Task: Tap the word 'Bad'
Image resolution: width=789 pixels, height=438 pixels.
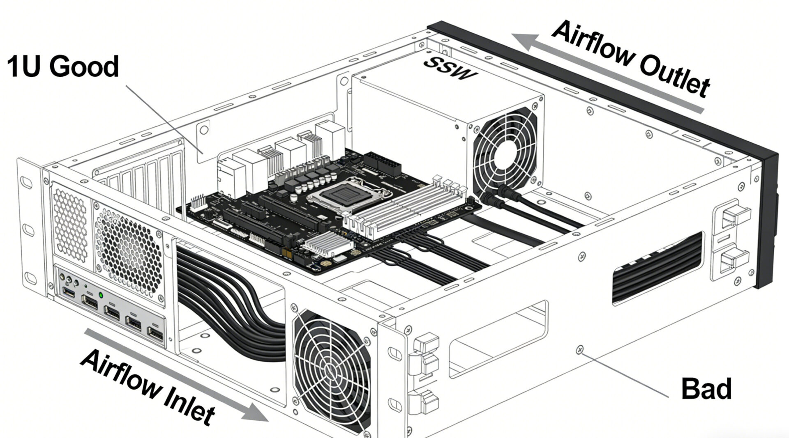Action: tap(706, 389)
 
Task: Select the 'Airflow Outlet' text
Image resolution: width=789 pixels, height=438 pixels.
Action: tap(631, 59)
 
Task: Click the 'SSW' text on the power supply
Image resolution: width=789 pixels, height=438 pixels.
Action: tap(450, 68)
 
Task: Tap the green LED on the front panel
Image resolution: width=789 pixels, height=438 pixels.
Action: tap(101, 295)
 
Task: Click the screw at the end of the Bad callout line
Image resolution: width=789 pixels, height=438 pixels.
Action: tap(580, 349)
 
